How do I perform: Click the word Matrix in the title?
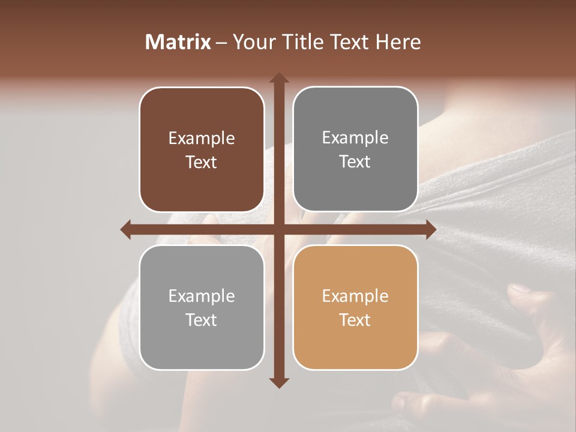point(178,42)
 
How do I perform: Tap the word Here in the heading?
point(398,42)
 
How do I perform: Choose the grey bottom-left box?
point(202,342)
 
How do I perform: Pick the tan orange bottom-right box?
point(355,342)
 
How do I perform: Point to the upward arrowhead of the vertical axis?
point(278,78)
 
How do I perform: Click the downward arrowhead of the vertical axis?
point(278,382)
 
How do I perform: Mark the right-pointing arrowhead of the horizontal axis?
point(430,230)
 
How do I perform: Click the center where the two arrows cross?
point(278,230)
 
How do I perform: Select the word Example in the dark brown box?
point(202,139)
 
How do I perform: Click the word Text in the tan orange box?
point(355,320)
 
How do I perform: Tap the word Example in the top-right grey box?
point(355,138)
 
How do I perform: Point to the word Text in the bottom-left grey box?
point(202,320)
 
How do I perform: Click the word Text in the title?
point(349,42)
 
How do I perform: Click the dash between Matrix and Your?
point(221,43)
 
